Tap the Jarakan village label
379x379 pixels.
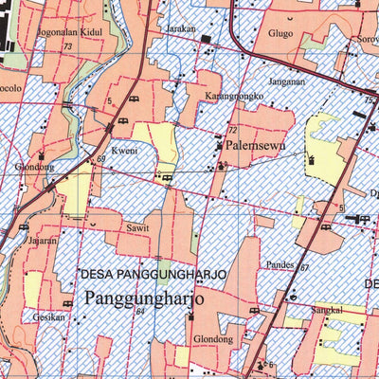(x=180, y=29)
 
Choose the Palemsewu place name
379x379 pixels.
(x=256, y=147)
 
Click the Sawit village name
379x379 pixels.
(x=137, y=228)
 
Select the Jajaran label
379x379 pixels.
(x=43, y=241)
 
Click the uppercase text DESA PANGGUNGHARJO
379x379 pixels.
(x=153, y=274)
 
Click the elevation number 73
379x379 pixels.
(x=67, y=46)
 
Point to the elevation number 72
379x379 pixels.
(x=231, y=129)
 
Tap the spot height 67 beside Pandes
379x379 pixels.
(x=305, y=268)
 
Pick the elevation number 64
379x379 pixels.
(x=139, y=311)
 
